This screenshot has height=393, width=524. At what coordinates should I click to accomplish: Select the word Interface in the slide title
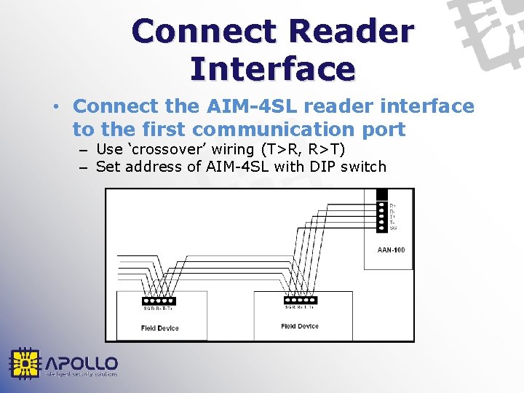272,68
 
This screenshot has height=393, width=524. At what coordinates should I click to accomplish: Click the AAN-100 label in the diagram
391,250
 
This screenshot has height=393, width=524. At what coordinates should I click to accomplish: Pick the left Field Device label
160,328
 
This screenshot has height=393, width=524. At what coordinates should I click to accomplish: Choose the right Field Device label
300,326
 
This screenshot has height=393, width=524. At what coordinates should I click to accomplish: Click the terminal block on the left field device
160,300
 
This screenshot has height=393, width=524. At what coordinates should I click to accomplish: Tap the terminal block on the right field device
300,299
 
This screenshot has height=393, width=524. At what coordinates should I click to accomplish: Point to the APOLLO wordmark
82,362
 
